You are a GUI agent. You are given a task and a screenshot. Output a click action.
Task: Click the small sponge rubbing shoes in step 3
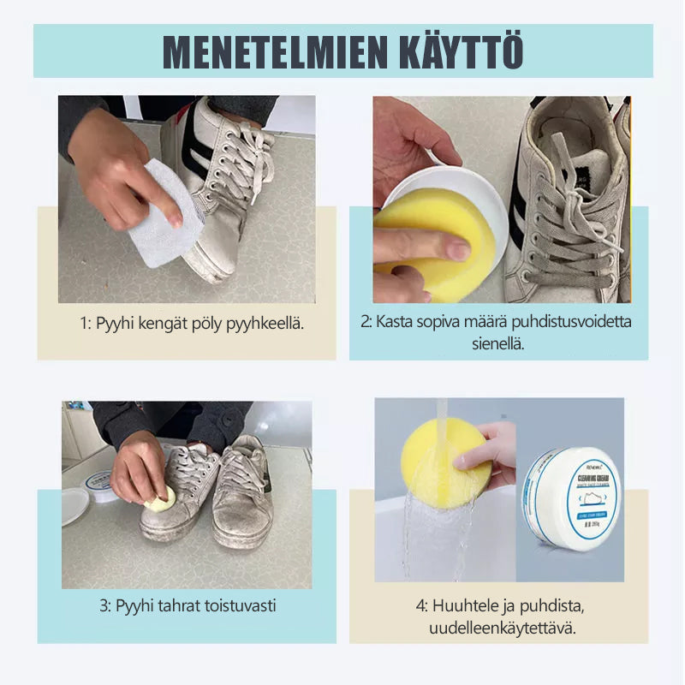click(161, 499)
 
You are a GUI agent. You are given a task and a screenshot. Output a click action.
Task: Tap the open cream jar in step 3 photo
click(98, 485)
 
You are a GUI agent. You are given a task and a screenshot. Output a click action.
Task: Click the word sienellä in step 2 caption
click(497, 343)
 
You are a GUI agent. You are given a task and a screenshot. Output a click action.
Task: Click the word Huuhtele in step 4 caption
click(469, 606)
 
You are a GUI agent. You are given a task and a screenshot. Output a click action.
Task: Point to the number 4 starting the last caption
click(420, 606)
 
